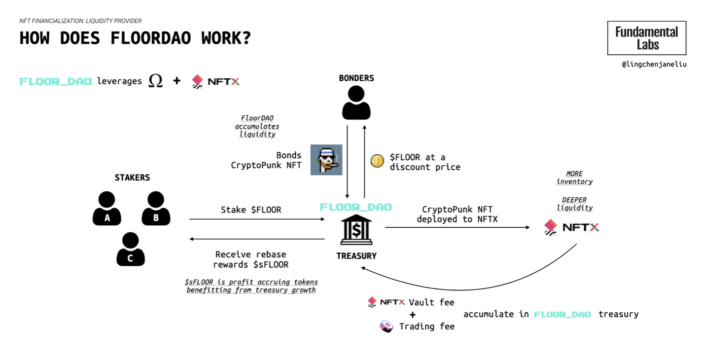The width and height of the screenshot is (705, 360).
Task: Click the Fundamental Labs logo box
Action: click(646, 38)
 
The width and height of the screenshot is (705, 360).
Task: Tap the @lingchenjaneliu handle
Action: click(654, 64)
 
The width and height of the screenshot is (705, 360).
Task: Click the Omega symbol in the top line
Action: click(155, 80)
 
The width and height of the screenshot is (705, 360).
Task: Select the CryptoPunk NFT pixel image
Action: click(326, 160)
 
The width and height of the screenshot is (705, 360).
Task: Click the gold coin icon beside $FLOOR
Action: click(377, 161)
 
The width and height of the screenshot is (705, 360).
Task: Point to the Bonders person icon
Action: click(356, 103)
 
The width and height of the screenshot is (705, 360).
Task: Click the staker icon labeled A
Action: click(107, 209)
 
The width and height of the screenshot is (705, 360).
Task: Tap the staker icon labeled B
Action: click(156, 209)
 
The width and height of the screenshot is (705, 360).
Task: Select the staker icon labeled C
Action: click(131, 250)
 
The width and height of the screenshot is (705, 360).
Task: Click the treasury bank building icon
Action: click(356, 230)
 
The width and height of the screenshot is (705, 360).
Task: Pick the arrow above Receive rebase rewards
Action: click(256, 239)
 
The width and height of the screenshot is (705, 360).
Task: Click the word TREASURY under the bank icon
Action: click(356, 256)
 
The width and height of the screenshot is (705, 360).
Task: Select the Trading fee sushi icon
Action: click(387, 326)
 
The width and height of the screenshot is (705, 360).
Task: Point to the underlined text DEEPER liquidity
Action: click(574, 204)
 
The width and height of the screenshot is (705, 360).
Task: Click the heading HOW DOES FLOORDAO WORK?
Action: click(135, 38)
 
